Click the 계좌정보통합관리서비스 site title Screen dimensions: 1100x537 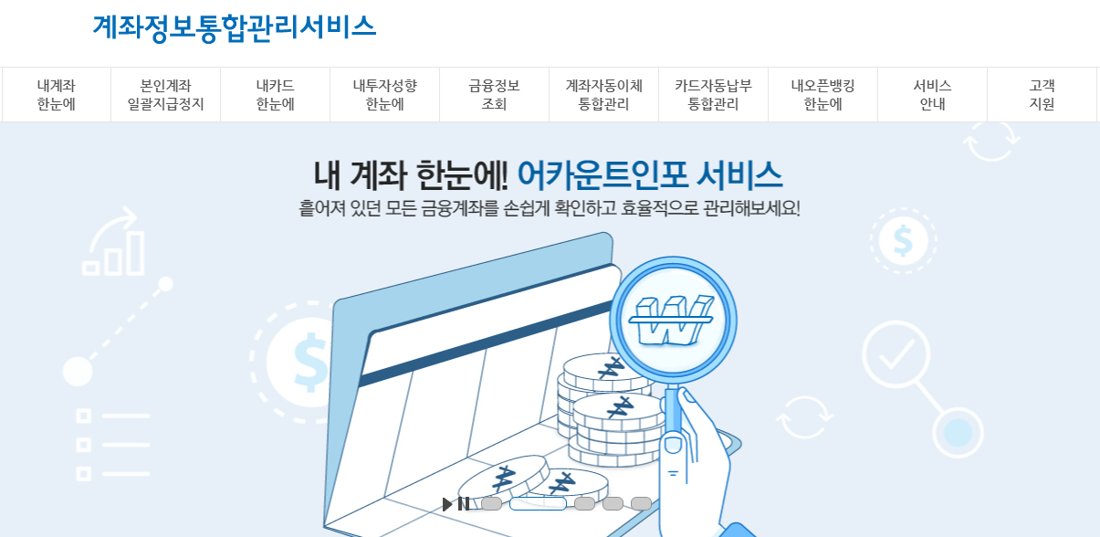[234, 26]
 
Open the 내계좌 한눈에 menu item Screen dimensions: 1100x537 [56, 95]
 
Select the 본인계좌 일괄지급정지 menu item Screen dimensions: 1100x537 [165, 95]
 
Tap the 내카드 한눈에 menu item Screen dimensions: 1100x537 [275, 95]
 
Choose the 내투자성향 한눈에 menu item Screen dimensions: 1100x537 [384, 95]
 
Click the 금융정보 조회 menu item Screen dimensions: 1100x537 [494, 95]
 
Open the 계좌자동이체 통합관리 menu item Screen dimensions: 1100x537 [603, 95]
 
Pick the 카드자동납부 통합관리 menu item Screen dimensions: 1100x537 [713, 95]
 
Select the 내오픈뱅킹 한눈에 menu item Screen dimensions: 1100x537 [822, 95]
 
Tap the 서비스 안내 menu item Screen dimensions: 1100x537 [932, 95]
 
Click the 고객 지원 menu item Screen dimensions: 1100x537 [1042, 95]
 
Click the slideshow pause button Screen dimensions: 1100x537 [464, 504]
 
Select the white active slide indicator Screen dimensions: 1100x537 [538, 504]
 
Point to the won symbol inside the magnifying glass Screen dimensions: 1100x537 [674, 321]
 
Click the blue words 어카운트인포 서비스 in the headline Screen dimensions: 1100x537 [649, 174]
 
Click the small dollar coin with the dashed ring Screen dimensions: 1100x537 [903, 241]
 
